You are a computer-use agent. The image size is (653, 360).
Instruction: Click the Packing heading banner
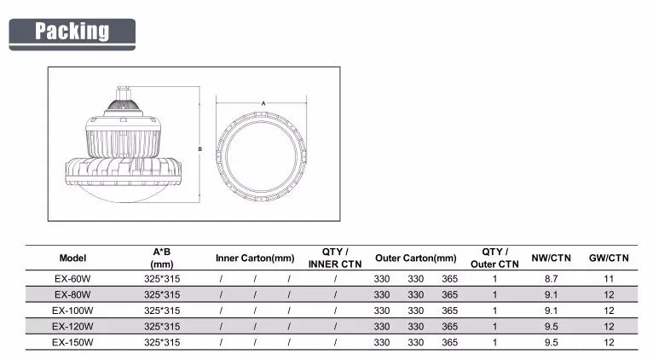click(72, 34)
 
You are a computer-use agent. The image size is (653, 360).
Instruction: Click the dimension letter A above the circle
click(263, 103)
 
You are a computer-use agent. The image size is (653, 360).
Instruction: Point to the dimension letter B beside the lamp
click(199, 148)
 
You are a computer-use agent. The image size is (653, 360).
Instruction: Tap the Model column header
click(72, 258)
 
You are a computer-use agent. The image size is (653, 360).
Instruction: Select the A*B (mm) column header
click(162, 258)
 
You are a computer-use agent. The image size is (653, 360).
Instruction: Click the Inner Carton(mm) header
click(255, 258)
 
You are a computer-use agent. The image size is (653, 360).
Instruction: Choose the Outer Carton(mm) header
click(416, 258)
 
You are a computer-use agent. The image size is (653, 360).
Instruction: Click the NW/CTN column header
click(551, 258)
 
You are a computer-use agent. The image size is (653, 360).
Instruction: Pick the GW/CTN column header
click(609, 258)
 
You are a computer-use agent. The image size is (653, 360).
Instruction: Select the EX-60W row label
click(72, 279)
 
